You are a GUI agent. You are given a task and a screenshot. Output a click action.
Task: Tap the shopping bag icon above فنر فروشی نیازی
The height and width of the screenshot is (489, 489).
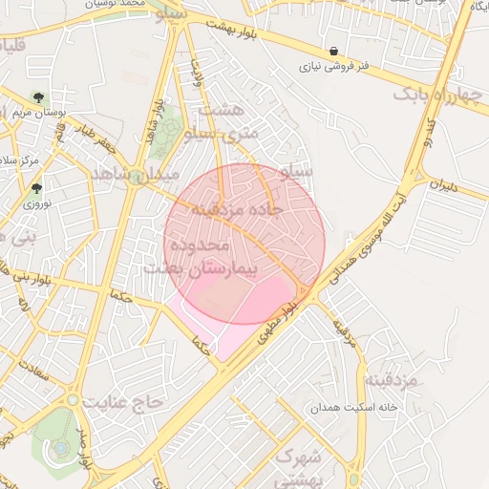332,51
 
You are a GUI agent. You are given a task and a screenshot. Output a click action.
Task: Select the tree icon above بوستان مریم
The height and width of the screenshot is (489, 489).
37,97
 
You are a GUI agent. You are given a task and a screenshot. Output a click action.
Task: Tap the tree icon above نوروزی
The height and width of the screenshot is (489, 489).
36,188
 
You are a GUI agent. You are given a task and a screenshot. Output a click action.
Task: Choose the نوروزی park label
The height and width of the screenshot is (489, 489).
36,204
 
